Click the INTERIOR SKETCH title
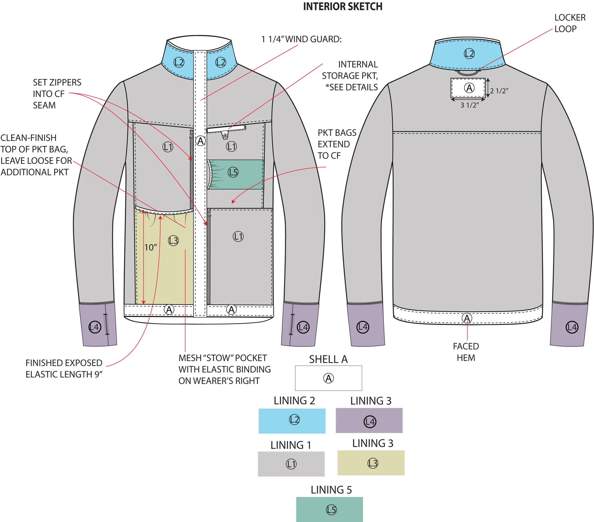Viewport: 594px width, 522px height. [343, 6]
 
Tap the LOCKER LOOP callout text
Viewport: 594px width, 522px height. [570, 23]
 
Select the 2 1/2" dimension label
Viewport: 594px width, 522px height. [499, 91]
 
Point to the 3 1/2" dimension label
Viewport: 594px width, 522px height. [469, 105]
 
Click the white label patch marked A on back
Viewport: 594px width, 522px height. [468, 88]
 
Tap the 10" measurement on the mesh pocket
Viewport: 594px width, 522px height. [151, 247]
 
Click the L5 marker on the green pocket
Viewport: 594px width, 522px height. [233, 172]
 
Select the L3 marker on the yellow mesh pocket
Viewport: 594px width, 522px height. [173, 240]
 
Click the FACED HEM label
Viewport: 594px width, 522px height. [466, 352]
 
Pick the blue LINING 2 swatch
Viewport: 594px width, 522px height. [292, 421]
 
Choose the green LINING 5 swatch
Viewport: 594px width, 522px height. [329, 509]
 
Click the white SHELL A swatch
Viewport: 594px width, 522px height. [328, 378]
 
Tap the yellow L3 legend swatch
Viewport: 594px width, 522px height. [371, 463]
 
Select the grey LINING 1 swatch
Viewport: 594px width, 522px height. [291, 464]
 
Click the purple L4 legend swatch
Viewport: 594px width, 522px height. [369, 420]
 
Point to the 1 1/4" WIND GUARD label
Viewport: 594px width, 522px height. [301, 39]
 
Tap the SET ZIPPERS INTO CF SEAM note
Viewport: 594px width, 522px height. [57, 94]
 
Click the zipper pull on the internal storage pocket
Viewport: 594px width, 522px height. [225, 136]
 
